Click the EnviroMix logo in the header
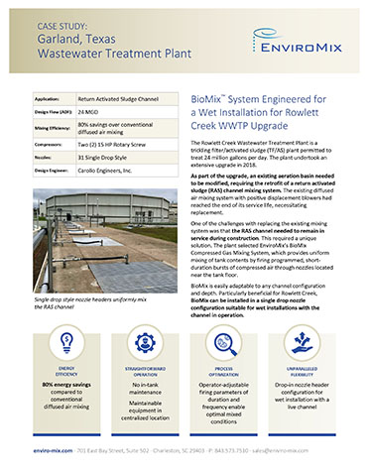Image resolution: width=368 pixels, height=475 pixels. click(303, 42)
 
